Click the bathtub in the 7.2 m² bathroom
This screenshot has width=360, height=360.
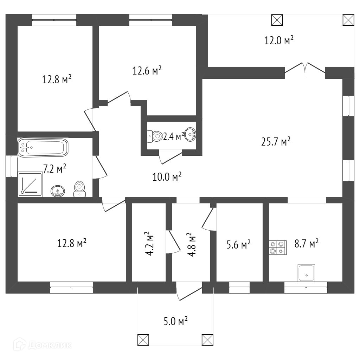(x=43, y=148)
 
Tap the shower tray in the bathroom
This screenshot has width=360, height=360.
(x=30, y=184)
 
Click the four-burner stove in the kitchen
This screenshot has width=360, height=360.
(x=278, y=247)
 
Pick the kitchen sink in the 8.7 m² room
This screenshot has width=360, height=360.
(x=306, y=273)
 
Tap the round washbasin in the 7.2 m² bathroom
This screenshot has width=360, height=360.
(x=57, y=191)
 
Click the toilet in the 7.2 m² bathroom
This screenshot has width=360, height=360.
(x=80, y=188)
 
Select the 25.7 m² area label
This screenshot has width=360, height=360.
(x=276, y=141)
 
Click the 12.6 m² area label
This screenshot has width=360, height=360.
(x=147, y=71)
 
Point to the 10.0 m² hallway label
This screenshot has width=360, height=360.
(x=167, y=176)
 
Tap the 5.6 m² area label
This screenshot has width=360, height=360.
(x=239, y=244)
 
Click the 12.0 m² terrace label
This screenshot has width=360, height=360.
(x=279, y=40)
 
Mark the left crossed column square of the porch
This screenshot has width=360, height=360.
(x=143, y=340)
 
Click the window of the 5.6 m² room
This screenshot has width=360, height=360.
(x=239, y=287)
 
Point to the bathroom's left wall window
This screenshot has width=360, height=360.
(x=12, y=166)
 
